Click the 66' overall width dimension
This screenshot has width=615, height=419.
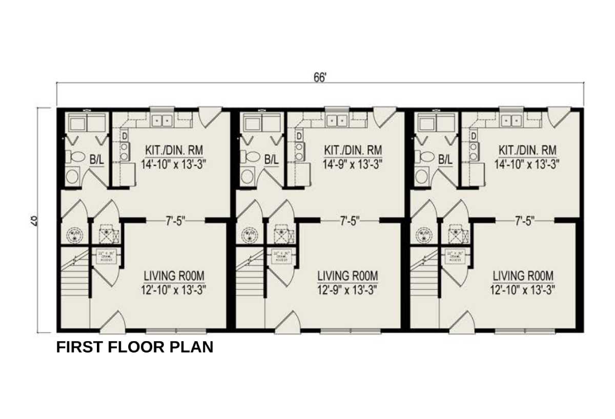click(x=320, y=77)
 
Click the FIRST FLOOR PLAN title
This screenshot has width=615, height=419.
click(x=134, y=347)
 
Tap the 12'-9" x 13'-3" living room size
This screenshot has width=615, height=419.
click(x=347, y=289)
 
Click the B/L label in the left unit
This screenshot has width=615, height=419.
click(x=96, y=160)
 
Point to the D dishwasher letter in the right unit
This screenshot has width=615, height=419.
click(x=474, y=136)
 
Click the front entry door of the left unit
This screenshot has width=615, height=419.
click(x=112, y=323)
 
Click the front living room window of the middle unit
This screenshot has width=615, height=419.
click(x=351, y=331)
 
